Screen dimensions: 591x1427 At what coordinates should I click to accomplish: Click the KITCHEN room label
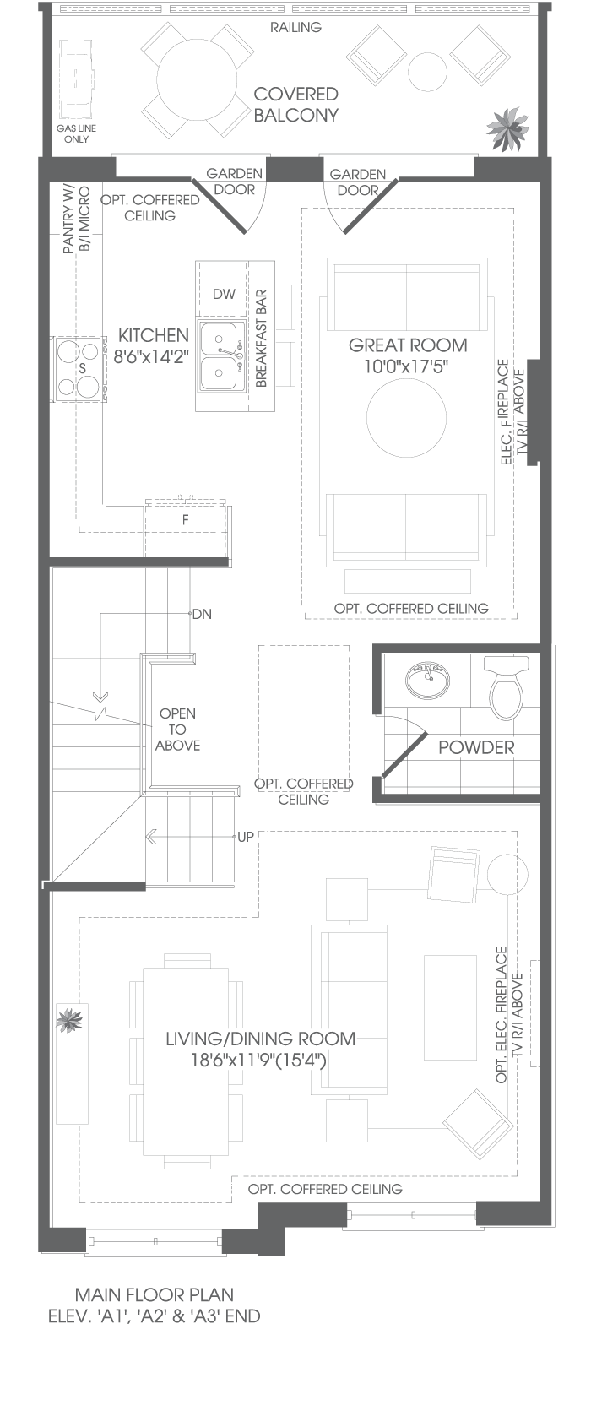(154, 336)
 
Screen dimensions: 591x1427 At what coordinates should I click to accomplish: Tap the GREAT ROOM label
(408, 346)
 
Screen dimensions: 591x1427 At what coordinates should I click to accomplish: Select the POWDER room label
(476, 747)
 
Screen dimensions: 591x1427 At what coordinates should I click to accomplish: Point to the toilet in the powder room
(507, 684)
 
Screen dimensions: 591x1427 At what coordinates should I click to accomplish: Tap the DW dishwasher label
(224, 294)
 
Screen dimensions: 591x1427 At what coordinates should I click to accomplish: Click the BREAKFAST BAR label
(261, 339)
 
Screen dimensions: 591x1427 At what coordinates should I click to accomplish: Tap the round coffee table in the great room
(405, 417)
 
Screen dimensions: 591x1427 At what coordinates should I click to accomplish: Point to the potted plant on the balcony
(507, 128)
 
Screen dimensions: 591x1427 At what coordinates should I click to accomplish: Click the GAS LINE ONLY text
(77, 133)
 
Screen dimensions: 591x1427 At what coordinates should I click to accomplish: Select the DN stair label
(202, 614)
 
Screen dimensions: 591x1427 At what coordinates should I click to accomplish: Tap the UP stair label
(245, 837)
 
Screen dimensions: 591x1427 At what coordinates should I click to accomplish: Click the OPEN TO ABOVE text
(177, 730)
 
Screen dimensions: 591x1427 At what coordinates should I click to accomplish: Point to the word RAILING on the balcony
(295, 27)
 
